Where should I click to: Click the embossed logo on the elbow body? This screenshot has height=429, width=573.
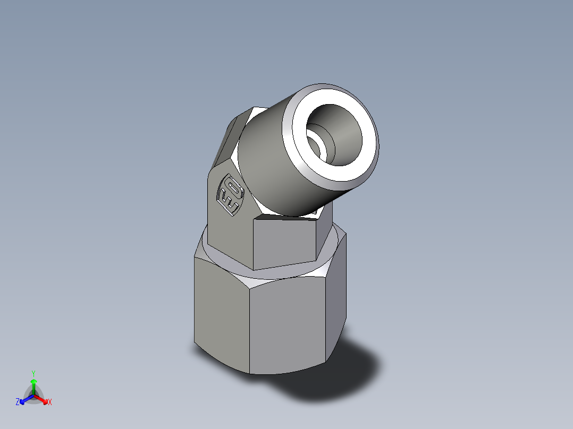[x=230, y=194]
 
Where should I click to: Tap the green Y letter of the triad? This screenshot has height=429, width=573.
[x=33, y=373]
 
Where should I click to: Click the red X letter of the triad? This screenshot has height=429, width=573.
[x=50, y=402]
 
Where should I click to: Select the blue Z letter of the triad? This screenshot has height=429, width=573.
[x=18, y=402]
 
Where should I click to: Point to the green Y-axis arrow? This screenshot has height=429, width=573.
[x=33, y=384]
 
